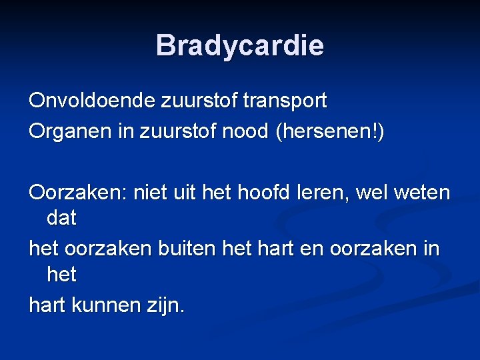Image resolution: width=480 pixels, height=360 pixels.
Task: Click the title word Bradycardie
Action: pyautogui.click(x=240, y=45)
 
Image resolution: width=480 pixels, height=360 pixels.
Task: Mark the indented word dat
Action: pyautogui.click(x=61, y=217)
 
